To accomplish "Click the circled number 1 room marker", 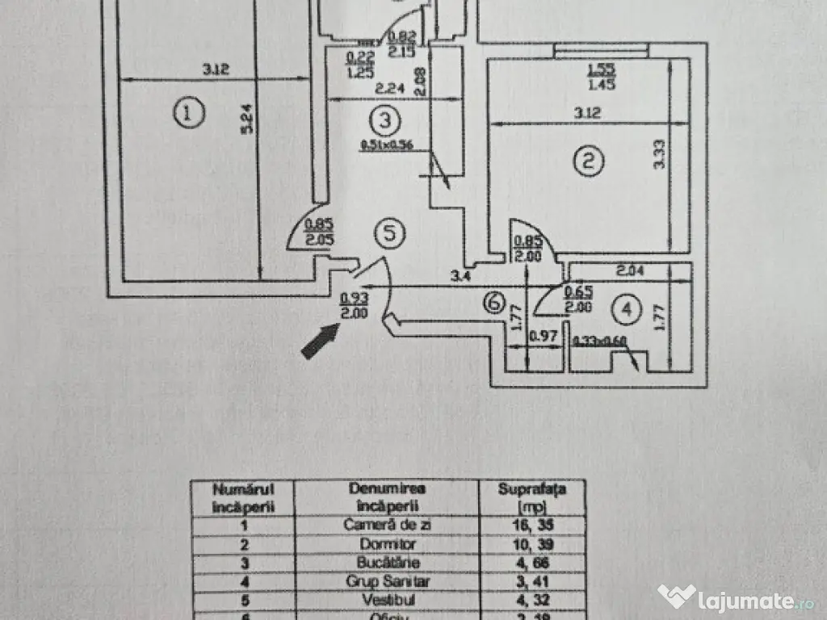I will coord(187,114).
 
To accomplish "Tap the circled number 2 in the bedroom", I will coord(589,161).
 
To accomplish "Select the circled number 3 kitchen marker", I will coord(384,121).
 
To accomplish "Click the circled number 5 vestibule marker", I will coord(389,233).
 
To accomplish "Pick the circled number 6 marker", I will coord(495,303).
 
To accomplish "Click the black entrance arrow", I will coord(320,339).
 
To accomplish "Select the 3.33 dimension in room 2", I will coord(661,153).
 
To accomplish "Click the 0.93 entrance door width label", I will coord(349,298).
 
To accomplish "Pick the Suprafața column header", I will coord(531,488).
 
